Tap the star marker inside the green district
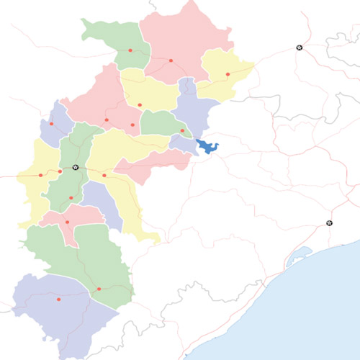(75, 167)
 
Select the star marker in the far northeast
(300, 48)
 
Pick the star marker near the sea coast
(330, 223)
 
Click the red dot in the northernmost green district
(130, 50)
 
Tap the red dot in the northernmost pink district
(171, 60)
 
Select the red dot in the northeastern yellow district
(228, 73)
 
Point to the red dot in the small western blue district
(51, 124)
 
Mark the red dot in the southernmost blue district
(58, 299)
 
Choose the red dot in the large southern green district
(99, 289)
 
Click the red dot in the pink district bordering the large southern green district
(67, 222)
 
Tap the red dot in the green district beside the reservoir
(182, 130)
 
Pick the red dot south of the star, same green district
(71, 198)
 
